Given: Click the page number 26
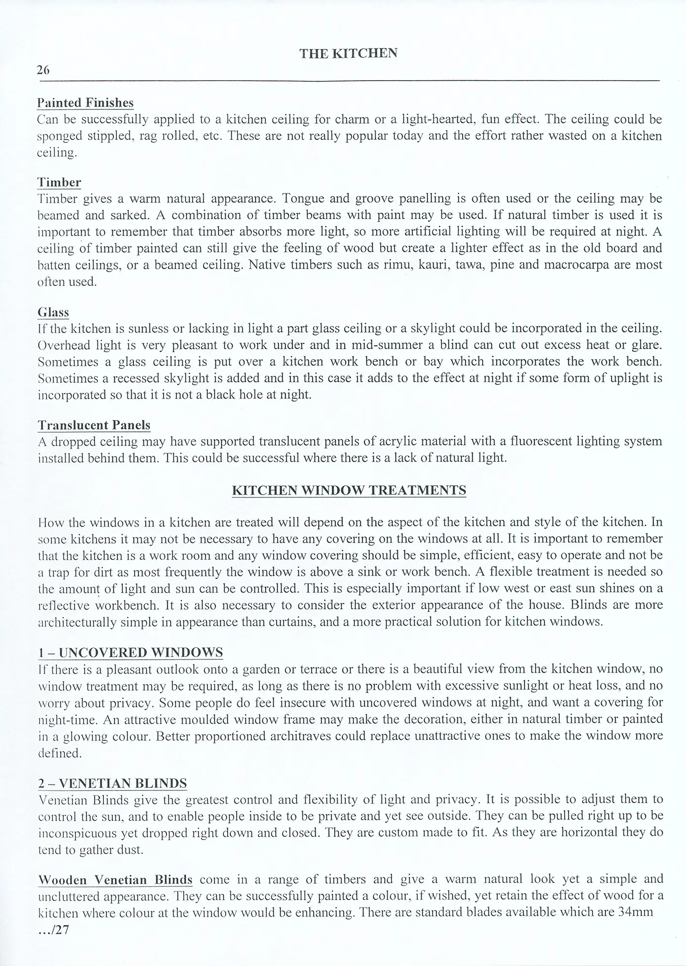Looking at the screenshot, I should click(x=43, y=70).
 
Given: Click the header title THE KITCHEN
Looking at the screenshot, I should click(x=348, y=53).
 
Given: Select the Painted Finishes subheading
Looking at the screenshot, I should click(x=86, y=103).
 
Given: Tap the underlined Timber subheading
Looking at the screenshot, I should click(x=59, y=183).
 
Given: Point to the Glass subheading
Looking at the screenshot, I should click(x=53, y=312).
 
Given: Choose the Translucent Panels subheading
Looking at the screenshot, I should click(x=94, y=425).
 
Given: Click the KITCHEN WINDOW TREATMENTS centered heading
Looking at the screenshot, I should click(x=349, y=491).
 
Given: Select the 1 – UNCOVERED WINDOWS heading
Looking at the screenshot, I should click(x=130, y=652).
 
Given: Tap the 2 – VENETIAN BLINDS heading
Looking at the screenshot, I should click(x=112, y=783).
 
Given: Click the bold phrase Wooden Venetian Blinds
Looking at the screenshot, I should click(x=115, y=880).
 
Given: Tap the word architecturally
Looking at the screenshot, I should click(x=84, y=622).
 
